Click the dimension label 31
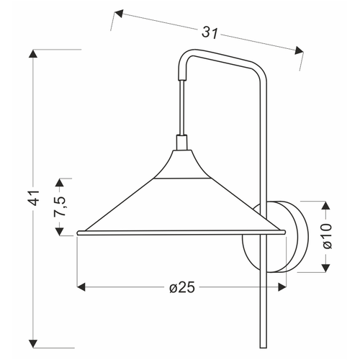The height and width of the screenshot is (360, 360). tap(210, 32)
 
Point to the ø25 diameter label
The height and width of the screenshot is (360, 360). tap(181, 287)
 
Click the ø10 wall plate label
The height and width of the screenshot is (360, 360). tap(327, 236)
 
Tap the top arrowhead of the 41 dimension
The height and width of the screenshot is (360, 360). tap(33, 53)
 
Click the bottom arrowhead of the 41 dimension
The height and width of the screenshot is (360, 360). tap(33, 343)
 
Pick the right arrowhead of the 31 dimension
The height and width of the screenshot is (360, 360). tap(299, 50)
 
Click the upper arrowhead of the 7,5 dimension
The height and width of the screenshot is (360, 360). tap(60, 183)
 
